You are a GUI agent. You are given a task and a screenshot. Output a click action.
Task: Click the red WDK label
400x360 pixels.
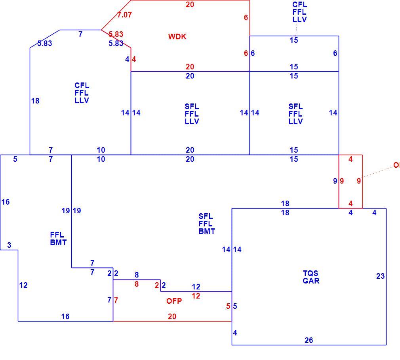pyautogui.click(x=177, y=36)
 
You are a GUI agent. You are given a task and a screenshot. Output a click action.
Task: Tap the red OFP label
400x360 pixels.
pyautogui.click(x=174, y=301)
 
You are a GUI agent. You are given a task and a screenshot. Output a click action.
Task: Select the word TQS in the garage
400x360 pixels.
pyautogui.click(x=310, y=273)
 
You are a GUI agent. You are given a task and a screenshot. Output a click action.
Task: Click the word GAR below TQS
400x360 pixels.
pyautogui.click(x=311, y=281)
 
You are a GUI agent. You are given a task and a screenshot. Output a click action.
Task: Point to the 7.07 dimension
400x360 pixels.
pyautogui.click(x=124, y=15)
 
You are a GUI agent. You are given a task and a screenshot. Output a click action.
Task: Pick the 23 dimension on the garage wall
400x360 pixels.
pyautogui.click(x=380, y=276)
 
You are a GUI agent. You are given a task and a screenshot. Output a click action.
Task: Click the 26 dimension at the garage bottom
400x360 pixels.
pyautogui.click(x=309, y=340)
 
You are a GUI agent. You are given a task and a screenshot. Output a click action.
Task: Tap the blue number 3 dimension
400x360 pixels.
pyautogui.click(x=9, y=245)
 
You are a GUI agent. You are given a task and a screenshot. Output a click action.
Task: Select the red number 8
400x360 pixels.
pyautogui.click(x=137, y=284)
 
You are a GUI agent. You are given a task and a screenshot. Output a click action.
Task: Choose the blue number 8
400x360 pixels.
pyautogui.click(x=137, y=275)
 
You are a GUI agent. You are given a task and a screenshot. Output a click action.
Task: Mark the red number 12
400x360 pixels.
pyautogui.click(x=196, y=296)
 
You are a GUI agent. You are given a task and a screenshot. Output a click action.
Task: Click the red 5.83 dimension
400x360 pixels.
pyautogui.click(x=116, y=34)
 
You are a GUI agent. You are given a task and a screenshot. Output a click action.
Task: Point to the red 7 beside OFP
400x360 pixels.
pyautogui.click(x=116, y=300)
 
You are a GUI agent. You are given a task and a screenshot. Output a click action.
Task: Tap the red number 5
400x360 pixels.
pyautogui.click(x=228, y=306)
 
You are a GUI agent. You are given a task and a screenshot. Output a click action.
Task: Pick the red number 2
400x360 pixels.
pyautogui.click(x=157, y=285)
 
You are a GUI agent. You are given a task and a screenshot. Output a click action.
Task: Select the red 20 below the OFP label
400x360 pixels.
pyautogui.click(x=172, y=317)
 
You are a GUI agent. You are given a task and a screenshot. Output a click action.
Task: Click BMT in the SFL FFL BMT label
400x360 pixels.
pyautogui.click(x=207, y=231)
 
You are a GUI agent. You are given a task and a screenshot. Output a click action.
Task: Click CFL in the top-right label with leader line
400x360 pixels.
pyautogui.click(x=299, y=5)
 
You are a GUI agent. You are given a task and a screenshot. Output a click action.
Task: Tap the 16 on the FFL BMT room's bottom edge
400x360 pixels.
pyautogui.click(x=65, y=317)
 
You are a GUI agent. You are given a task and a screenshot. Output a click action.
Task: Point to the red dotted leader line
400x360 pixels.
pyautogui.click(x=377, y=172)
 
